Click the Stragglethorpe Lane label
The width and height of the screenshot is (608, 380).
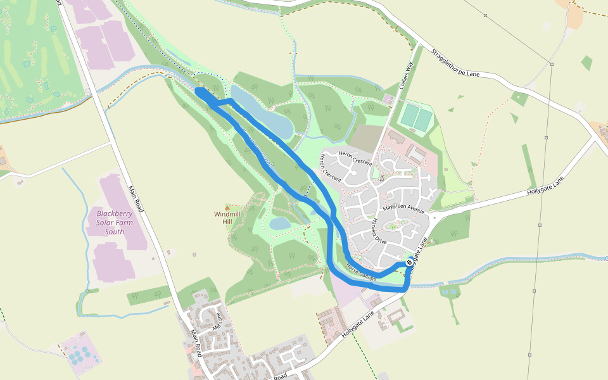click(455, 63)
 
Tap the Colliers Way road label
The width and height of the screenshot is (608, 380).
click(406, 74)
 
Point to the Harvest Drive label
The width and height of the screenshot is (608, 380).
click(379, 232)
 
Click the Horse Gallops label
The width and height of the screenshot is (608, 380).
click(361, 272)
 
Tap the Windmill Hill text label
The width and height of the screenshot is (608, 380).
click(227, 218)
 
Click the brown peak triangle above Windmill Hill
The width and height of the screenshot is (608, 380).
click(227, 207)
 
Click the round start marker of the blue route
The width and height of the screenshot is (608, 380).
click(410, 262)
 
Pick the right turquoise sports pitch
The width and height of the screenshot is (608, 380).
click(424, 118)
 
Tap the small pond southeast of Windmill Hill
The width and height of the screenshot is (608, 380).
click(279, 224)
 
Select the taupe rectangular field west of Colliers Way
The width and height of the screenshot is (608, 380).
click(364, 138)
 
